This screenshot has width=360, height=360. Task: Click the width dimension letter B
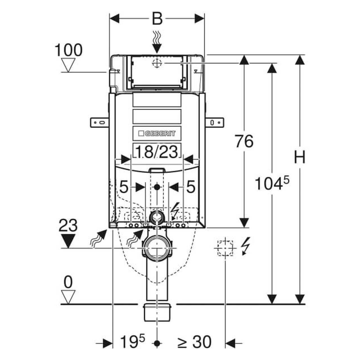pos(157,19)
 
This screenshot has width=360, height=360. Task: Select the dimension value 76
pos(244,141)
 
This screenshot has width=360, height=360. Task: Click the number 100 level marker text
pos(68,50)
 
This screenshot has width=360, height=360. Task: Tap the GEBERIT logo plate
pos(157,133)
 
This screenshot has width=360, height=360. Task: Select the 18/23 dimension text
pos(157,152)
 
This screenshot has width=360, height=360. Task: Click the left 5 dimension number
pos(124,187)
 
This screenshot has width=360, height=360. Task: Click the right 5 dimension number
pos(190,187)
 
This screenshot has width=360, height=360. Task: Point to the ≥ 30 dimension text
pos(194,342)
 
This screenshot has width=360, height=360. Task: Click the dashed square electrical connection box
pos(225,248)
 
